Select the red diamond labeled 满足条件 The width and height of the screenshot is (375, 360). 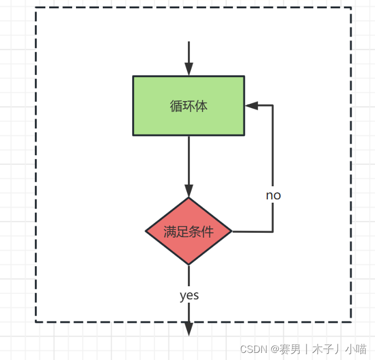pos(189,232)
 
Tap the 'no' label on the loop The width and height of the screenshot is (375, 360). pos(273,195)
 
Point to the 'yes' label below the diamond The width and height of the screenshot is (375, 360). pos(189,296)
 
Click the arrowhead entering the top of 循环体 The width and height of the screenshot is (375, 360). pos(189,69)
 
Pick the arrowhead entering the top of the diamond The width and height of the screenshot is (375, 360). pos(189,191)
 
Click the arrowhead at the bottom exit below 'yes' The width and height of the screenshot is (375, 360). pos(189,328)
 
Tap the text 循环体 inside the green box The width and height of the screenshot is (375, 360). pos(189,106)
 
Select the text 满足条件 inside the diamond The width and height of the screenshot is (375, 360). pos(189,232)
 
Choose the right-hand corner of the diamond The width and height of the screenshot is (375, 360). pos(232,232)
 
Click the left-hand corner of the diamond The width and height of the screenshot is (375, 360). pos(146,232)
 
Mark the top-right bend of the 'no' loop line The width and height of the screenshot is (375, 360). pos(272,105)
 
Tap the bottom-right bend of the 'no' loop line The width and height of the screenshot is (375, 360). pos(272,232)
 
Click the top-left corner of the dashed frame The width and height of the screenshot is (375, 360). pos(36,8)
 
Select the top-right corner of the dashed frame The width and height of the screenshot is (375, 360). pos(350,8)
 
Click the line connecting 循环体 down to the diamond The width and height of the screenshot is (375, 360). pos(189,161)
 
